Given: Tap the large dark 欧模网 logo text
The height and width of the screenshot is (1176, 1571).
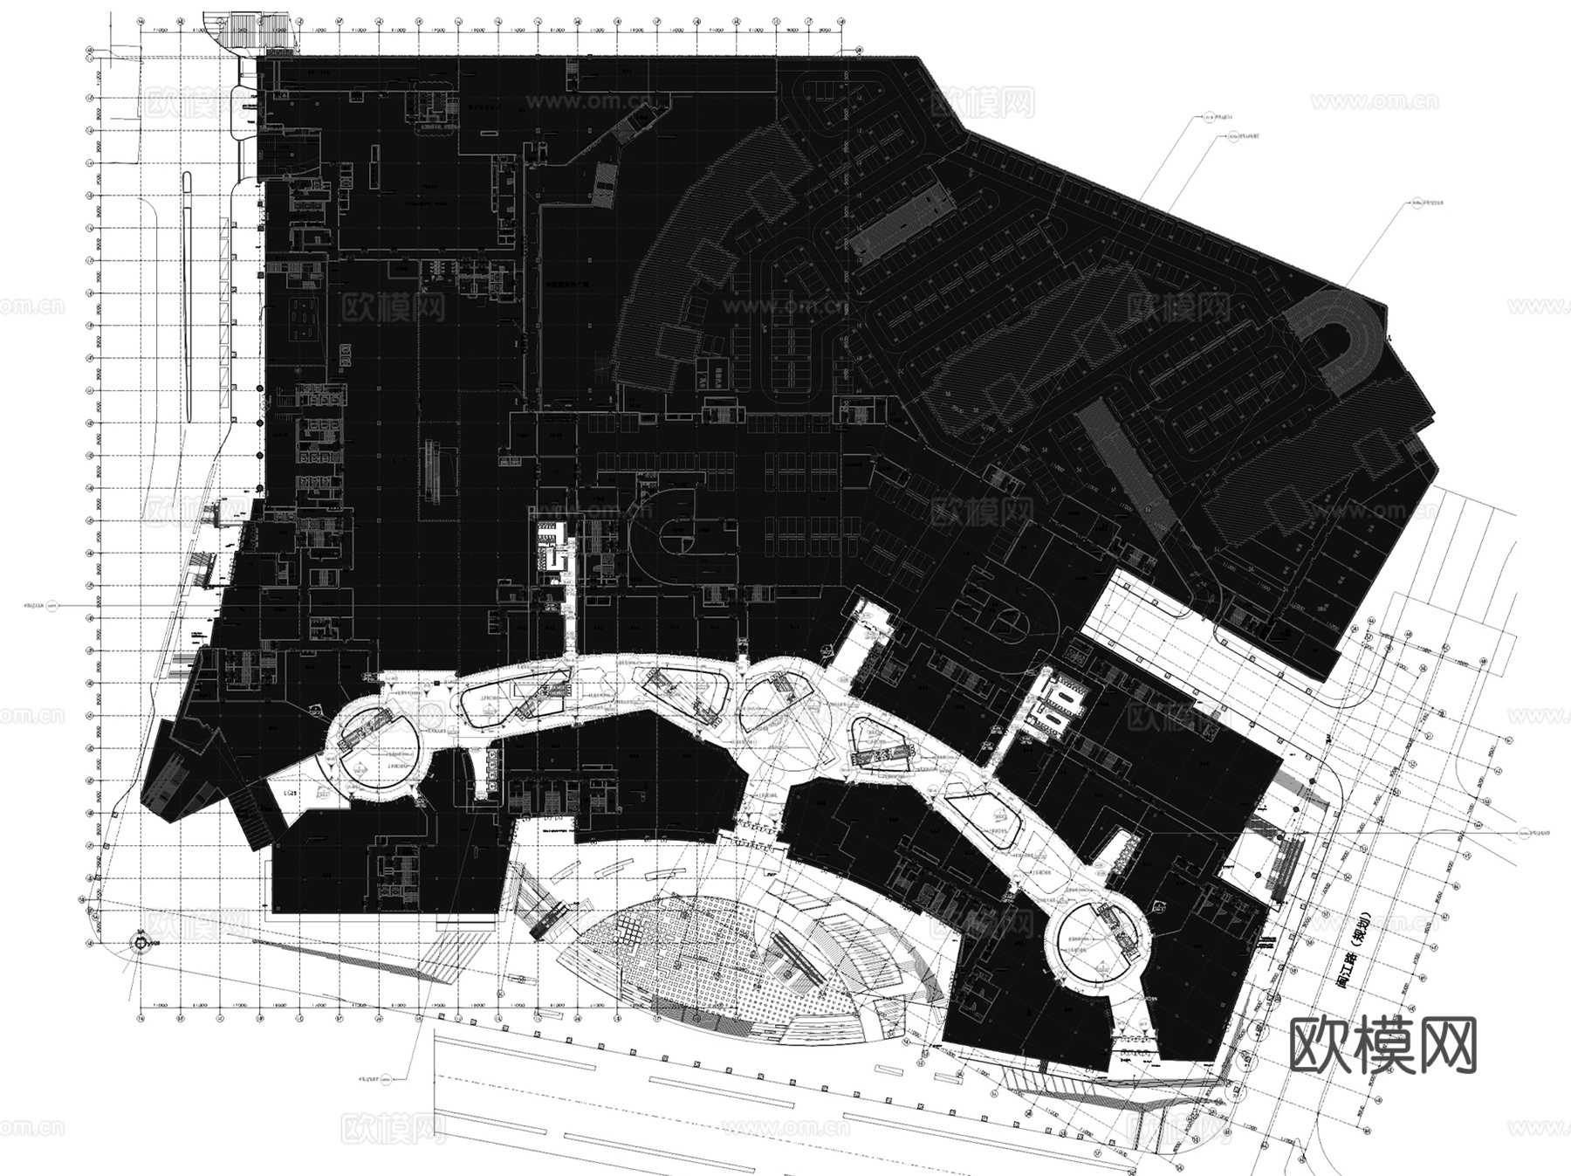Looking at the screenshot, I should point(1382,1044).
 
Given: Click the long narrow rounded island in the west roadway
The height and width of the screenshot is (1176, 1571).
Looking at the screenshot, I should point(188,297).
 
